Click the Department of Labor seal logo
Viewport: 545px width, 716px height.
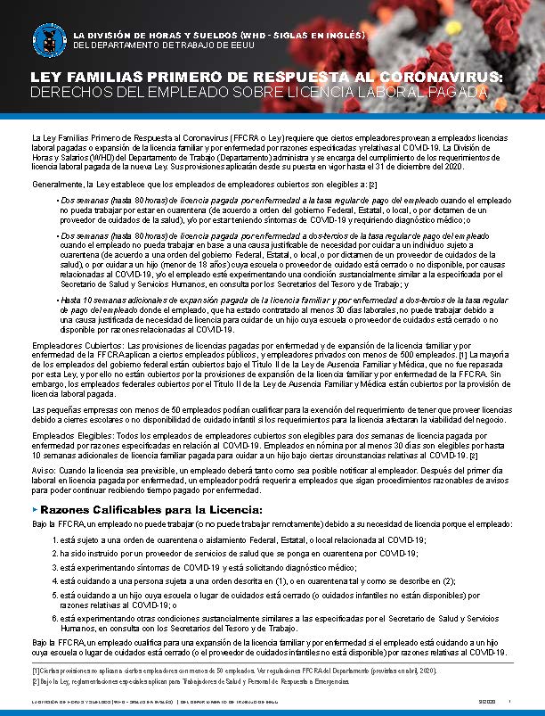47,37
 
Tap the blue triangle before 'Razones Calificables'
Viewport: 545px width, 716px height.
34,509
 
